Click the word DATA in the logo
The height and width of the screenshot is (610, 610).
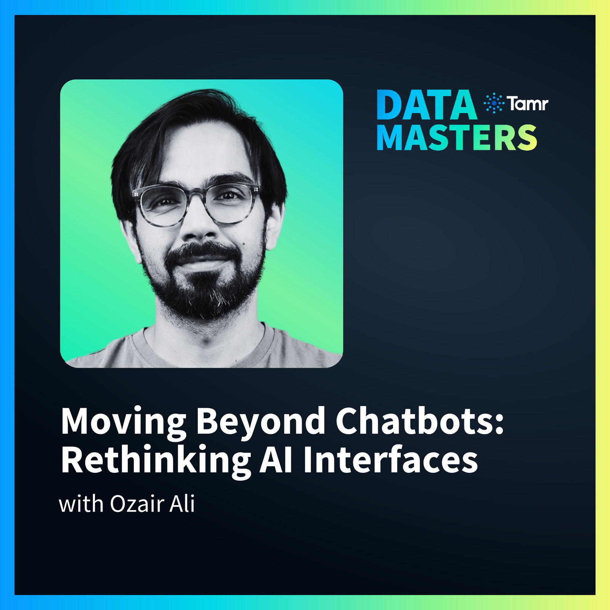427,105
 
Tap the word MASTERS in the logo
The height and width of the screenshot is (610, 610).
457,137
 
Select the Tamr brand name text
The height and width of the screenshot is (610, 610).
527,103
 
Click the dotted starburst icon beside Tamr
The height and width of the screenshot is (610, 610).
493,103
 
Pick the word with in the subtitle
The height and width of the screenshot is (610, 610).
81,504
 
